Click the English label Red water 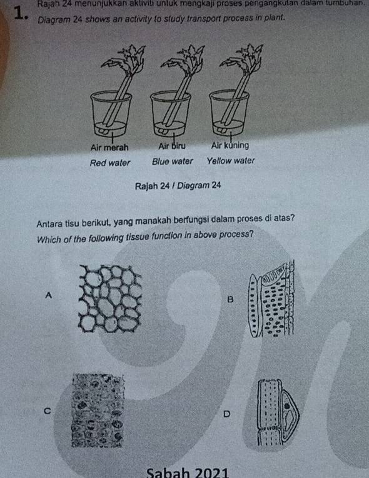pos(110,161)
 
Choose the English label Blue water pos(172,161)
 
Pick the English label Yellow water pos(231,161)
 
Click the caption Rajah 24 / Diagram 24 pos(177,185)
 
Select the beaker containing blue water pos(168,114)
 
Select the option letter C pos(47,411)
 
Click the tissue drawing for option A pos(111,297)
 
